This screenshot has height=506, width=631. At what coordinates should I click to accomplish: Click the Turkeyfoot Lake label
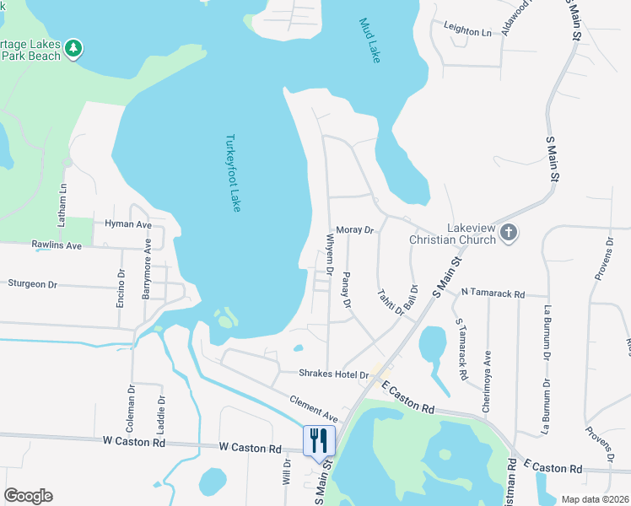click(234, 173)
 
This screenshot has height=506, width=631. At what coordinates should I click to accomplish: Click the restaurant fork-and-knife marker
click(319, 440)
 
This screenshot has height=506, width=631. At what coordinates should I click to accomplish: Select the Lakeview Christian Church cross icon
click(508, 233)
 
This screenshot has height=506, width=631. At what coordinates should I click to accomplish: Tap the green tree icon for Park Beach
click(74, 49)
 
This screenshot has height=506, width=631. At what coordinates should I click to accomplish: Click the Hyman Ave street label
click(127, 225)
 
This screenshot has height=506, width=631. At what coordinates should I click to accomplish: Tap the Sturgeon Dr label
click(31, 284)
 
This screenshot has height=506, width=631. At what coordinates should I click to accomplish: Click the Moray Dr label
click(354, 229)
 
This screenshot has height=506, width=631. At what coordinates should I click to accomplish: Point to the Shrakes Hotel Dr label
click(334, 374)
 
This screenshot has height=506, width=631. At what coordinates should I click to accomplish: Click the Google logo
click(28, 496)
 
